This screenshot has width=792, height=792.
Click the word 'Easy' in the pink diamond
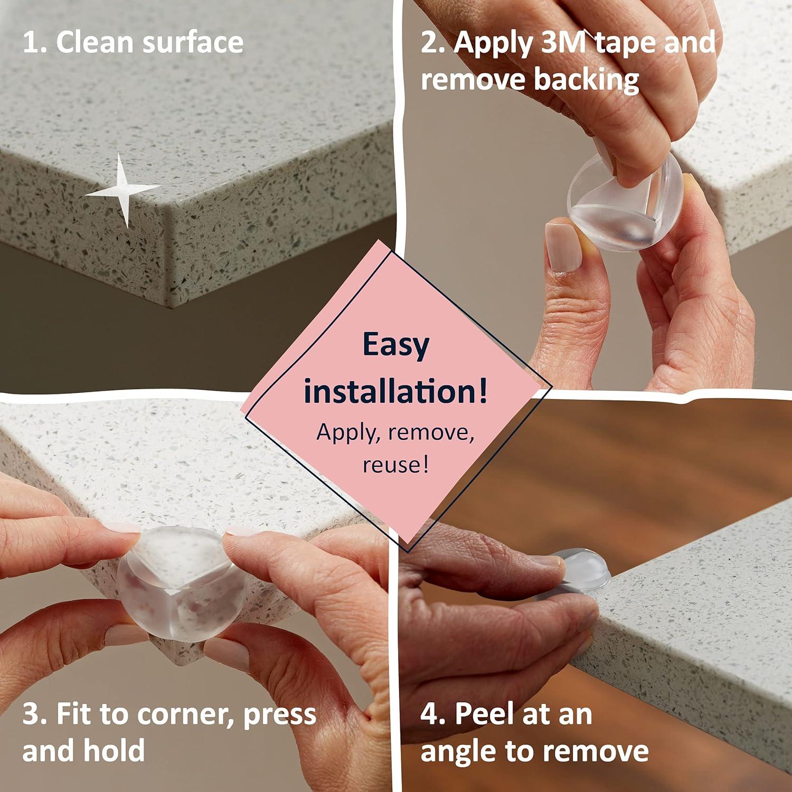[x=395, y=345]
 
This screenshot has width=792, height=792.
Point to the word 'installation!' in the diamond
[x=395, y=391]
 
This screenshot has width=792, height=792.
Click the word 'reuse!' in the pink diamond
[x=395, y=465]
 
